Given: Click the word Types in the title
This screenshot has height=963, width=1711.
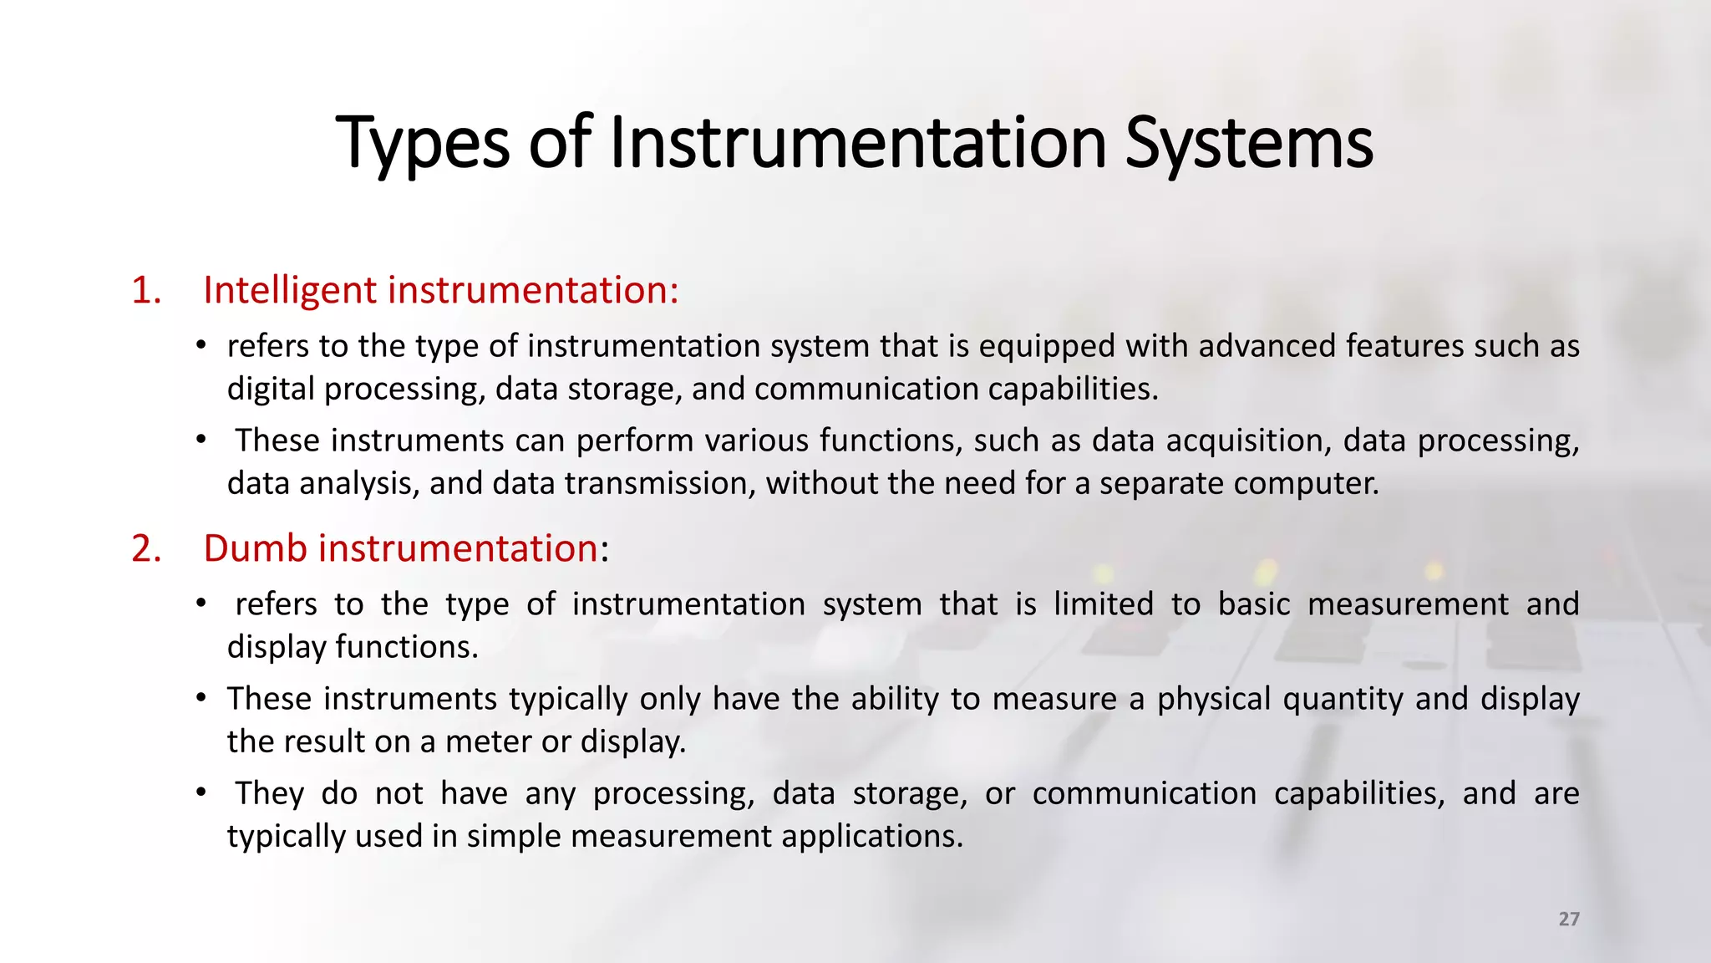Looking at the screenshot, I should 423,144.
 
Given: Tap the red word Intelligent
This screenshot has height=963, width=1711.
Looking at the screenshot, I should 290,290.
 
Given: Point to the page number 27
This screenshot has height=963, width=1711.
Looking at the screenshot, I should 1569,919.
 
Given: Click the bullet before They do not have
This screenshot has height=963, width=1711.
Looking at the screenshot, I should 201,792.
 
